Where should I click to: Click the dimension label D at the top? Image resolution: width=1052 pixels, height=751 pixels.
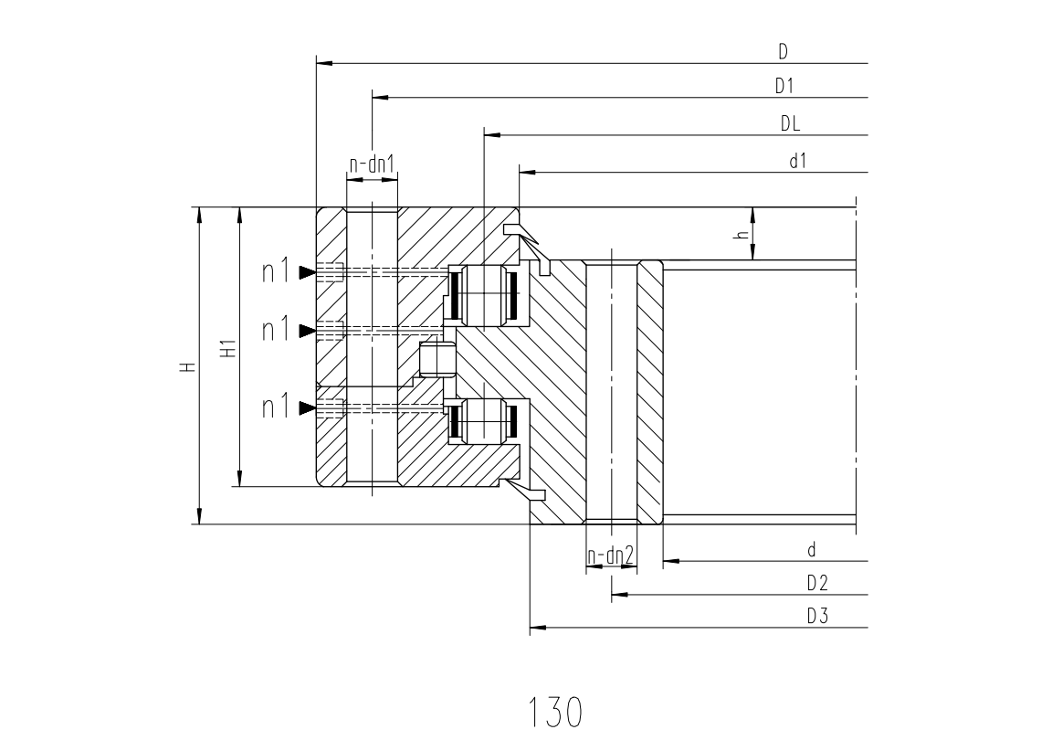tap(783, 51)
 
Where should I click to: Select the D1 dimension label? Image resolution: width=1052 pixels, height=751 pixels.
tap(784, 86)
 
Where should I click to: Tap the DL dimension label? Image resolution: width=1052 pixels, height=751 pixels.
tap(790, 123)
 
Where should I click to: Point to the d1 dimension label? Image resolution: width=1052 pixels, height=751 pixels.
tap(798, 161)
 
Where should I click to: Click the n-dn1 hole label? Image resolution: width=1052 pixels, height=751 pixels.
tap(372, 164)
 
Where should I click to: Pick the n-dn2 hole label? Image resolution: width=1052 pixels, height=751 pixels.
tap(611, 555)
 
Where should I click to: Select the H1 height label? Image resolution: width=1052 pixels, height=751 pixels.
tap(229, 349)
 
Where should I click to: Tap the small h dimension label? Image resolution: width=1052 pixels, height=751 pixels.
tap(742, 235)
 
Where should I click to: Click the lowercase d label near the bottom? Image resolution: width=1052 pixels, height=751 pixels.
tap(812, 550)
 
